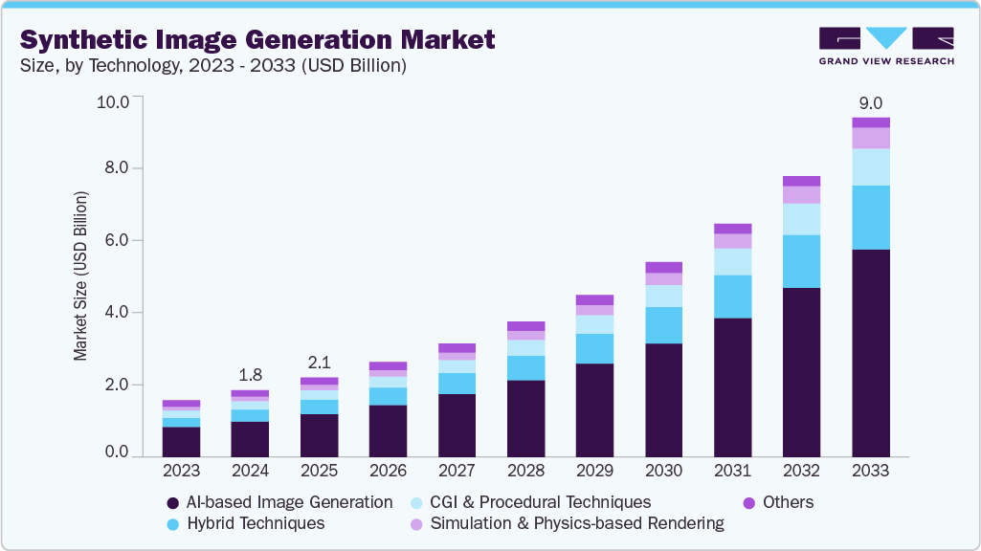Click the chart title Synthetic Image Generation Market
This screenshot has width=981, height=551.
257,39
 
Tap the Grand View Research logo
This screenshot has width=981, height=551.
885,46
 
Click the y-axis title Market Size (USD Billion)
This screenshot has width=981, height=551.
80,275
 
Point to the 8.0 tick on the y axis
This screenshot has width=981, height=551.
115,168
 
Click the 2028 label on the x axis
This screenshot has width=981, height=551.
525,471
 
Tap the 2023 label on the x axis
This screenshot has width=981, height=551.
181,471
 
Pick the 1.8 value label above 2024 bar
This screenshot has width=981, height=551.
250,374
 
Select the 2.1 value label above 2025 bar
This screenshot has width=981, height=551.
319,364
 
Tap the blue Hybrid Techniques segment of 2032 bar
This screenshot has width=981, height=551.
802,261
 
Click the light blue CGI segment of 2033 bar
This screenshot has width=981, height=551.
871,166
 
